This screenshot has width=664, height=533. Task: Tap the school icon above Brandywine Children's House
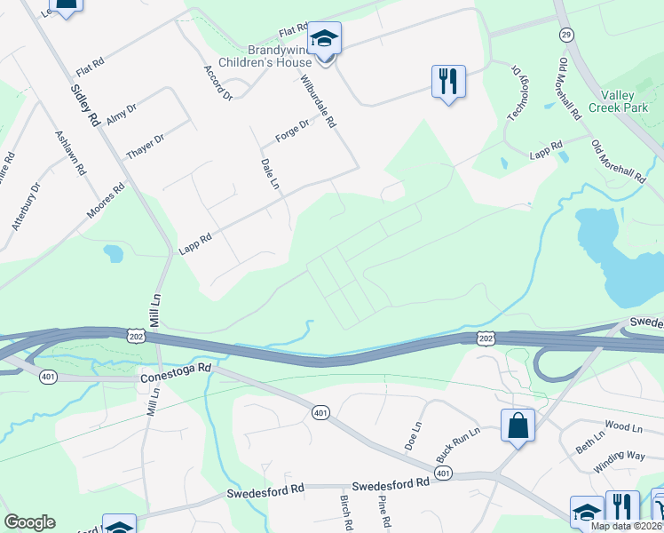pos(325,38)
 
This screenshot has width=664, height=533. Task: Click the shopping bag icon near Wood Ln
pos(518,426)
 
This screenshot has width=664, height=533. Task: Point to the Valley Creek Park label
pos(624,100)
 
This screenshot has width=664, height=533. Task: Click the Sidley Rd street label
pos(85,105)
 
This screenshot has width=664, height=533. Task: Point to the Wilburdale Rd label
pos(320,105)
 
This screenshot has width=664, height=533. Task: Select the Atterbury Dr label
pos(27,206)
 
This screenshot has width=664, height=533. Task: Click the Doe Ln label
pos(412,437)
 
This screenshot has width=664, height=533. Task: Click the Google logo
pos(29,522)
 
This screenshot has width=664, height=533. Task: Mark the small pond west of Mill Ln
pos(113,253)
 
